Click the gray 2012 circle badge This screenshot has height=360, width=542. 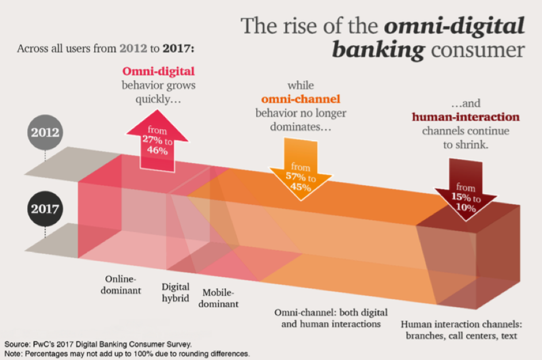coord(45,132)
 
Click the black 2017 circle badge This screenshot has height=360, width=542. coord(45,208)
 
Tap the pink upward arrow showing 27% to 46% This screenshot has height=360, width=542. coord(157,141)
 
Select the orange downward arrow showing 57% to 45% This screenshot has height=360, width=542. coord(301,169)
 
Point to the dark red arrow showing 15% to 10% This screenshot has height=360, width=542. coord(466,190)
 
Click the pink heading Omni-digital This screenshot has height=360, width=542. coord(158,71)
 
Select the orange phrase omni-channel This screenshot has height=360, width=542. coord(301,99)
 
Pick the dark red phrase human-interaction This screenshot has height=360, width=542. coord(466,117)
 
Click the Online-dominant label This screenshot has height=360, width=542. coord(121,285)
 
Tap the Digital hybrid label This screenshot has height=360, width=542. coord(176,292)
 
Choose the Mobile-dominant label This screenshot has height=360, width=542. coord(218,298)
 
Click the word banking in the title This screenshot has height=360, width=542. coord(378,49)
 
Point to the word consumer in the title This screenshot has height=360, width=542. coord(478,50)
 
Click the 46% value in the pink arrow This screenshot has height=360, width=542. coord(157,150)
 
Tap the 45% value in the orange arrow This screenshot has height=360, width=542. coord(300,187)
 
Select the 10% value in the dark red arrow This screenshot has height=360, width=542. coord(466,207)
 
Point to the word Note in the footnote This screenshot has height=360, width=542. coord(13,354)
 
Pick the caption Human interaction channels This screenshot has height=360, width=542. coord(461,324)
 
